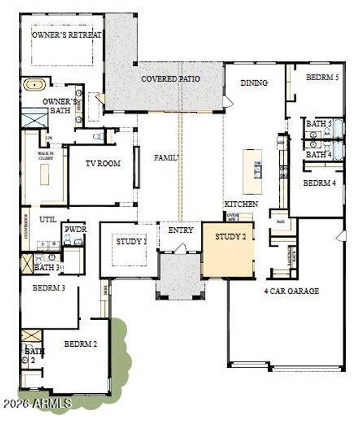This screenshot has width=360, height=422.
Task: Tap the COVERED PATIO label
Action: point(170,79)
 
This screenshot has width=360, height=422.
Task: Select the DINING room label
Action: point(254,83)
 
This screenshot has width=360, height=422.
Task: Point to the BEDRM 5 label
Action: point(322,77)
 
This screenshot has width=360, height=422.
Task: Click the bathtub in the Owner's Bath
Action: point(33,86)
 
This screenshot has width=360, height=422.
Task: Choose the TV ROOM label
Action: point(103,163)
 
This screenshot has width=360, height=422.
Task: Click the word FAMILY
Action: point(167,158)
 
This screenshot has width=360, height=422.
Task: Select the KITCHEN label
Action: point(241,204)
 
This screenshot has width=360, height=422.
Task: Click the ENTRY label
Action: point(179,230)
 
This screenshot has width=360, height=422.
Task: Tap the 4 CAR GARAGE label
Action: point(291,290)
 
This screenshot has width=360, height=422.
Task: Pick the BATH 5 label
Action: point(318,124)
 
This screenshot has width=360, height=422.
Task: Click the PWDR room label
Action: point(75,229)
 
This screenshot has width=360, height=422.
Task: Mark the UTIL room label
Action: point(48,219)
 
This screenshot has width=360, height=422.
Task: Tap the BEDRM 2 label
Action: point(80,344)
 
